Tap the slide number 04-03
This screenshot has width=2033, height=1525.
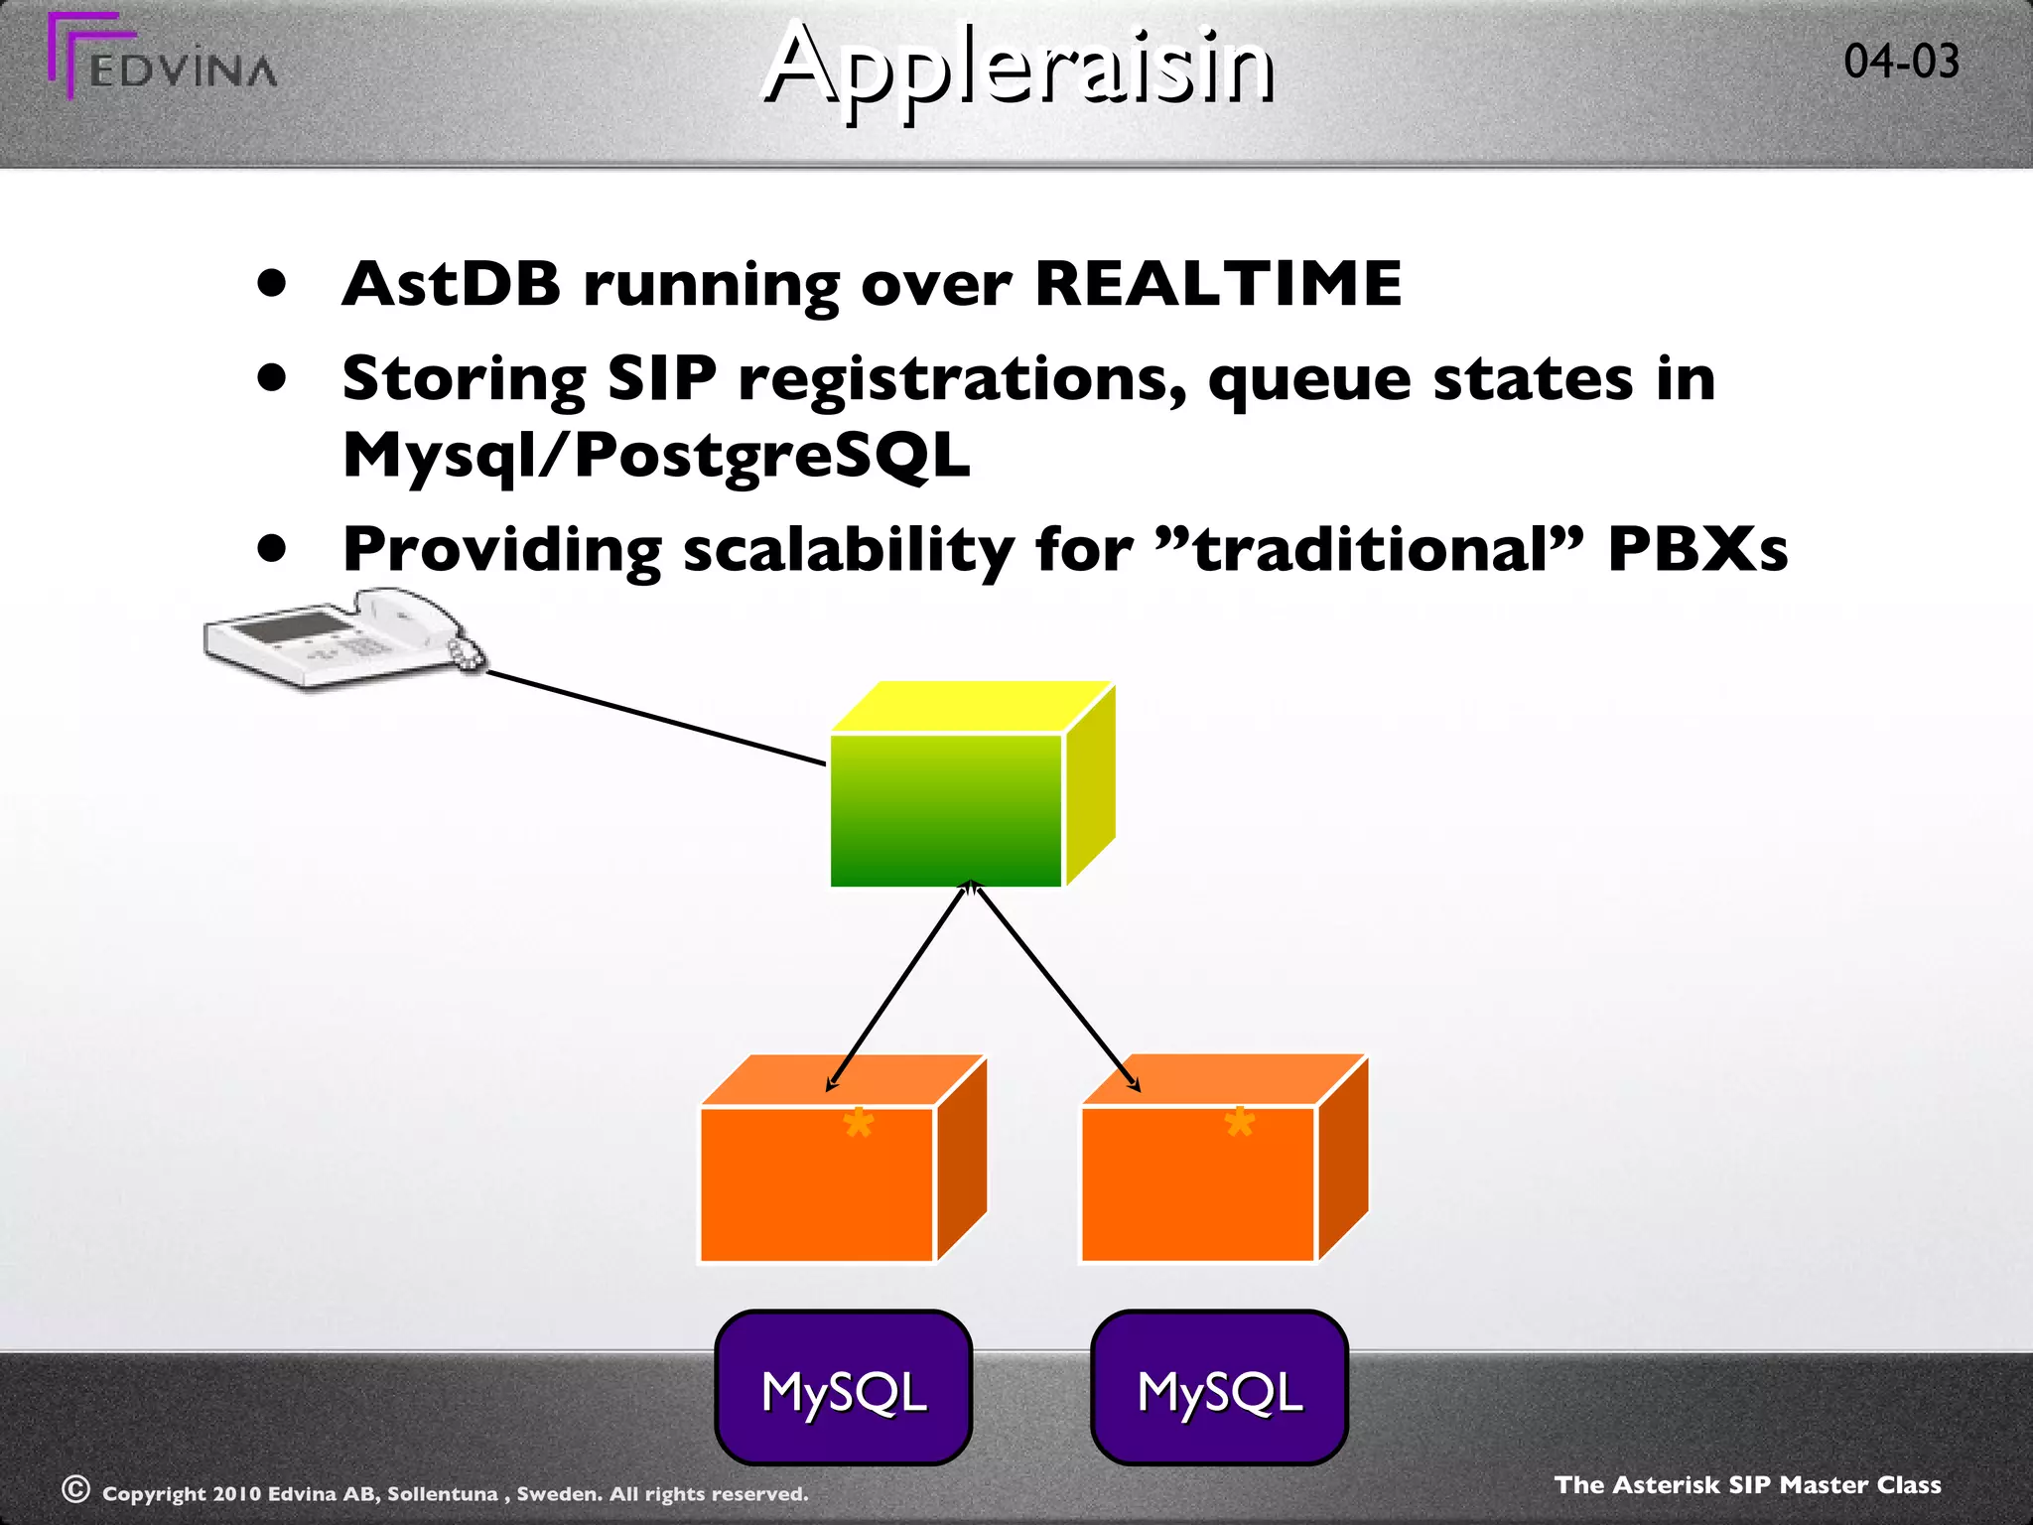pyautogui.click(x=1901, y=62)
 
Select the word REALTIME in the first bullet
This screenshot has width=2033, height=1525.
pyautogui.click(x=1218, y=284)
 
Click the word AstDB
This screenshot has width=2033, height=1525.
pyautogui.click(x=452, y=284)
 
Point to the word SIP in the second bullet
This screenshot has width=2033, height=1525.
pyautogui.click(x=661, y=379)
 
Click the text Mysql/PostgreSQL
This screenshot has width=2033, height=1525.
pyautogui.click(x=656, y=456)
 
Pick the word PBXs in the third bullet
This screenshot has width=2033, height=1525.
pyautogui.click(x=1697, y=549)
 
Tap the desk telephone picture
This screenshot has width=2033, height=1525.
pyautogui.click(x=342, y=637)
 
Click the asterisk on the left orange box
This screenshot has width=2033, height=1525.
pyautogui.click(x=858, y=1124)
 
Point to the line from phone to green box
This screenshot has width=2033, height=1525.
pyautogui.click(x=655, y=718)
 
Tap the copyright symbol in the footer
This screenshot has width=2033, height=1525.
pyautogui.click(x=75, y=1489)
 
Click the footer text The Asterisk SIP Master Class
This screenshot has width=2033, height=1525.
pyautogui.click(x=1747, y=1484)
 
